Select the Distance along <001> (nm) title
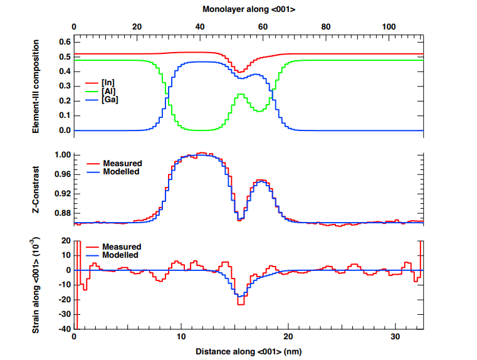[249, 352]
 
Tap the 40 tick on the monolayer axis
[200, 27]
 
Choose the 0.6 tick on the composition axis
[63, 42]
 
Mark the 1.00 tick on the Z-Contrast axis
[61, 155]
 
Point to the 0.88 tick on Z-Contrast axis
[61, 213]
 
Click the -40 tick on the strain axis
[63, 329]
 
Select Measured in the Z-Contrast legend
[122, 164]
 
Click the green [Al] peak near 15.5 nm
[241, 95]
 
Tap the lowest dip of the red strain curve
[240, 304]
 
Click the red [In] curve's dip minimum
[240, 72]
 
